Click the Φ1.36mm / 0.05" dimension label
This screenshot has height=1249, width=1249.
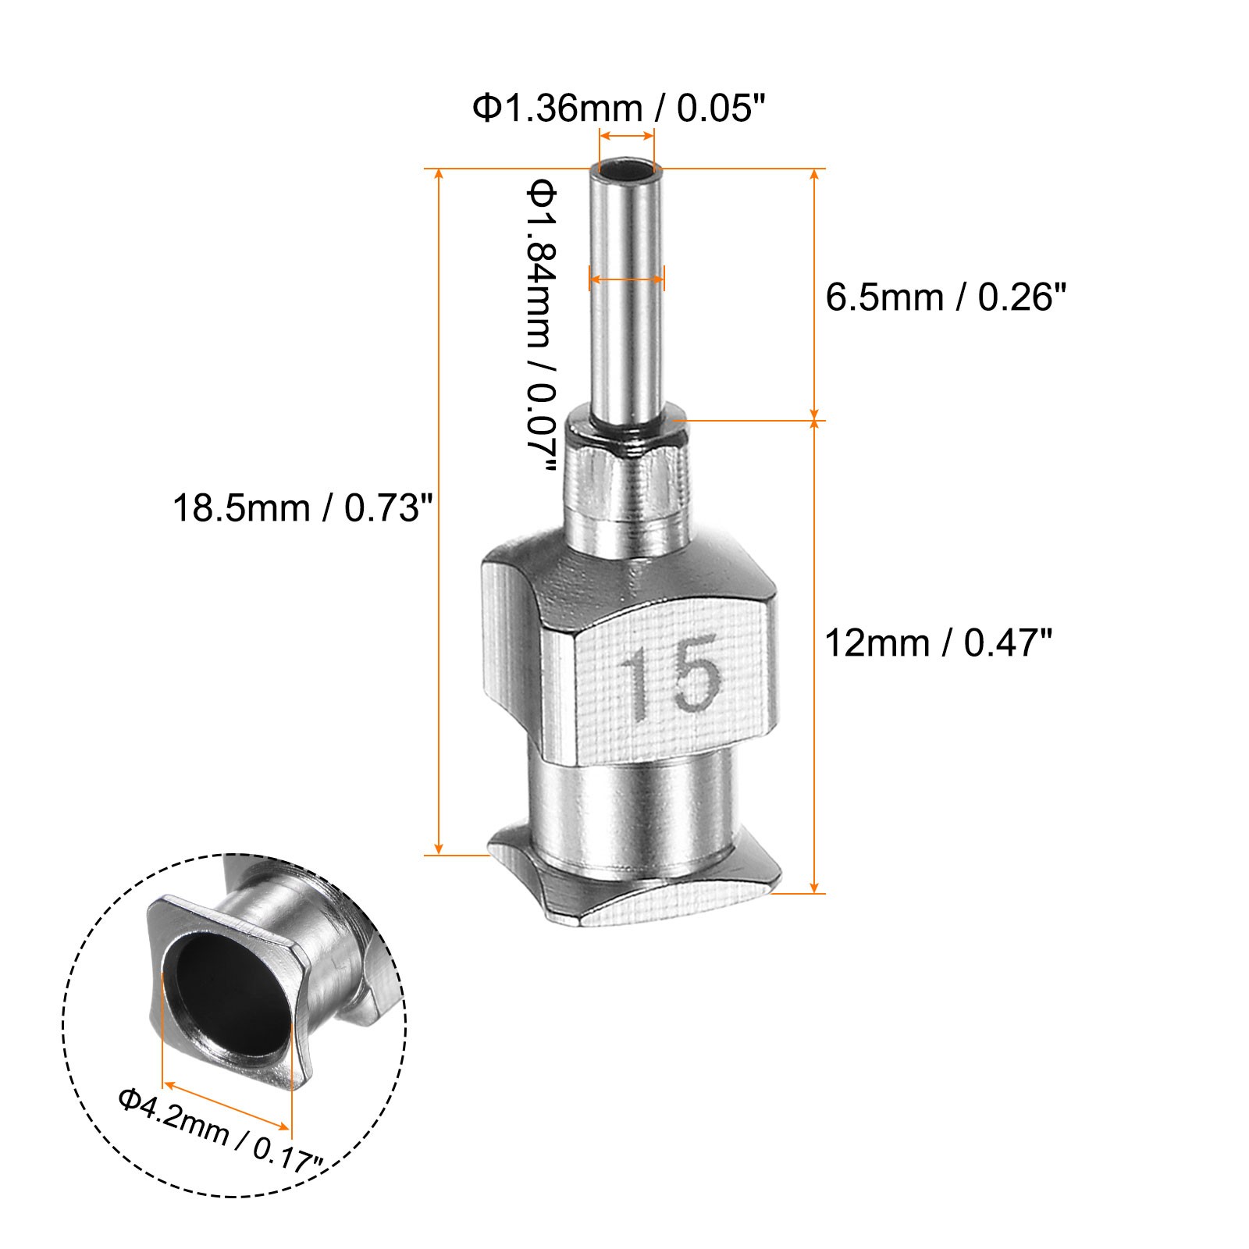tap(615, 109)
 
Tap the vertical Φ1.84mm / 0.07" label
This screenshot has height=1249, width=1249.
tap(541, 325)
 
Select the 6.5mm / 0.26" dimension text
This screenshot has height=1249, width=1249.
tap(945, 297)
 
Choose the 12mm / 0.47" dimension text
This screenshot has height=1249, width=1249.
tap(938, 644)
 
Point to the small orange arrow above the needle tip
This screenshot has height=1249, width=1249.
tap(626, 136)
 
